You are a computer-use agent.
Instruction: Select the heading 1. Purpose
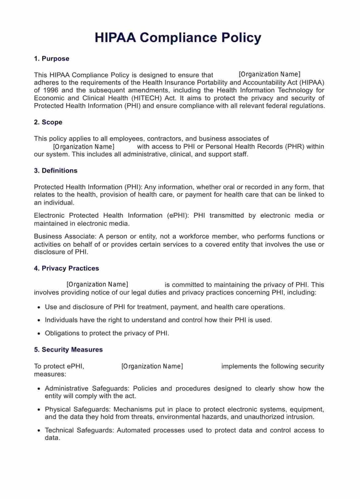(51, 59)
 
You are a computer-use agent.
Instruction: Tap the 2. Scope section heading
(48, 122)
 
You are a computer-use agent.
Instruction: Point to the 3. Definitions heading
(56, 171)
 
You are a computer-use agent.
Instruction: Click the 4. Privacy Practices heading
(66, 268)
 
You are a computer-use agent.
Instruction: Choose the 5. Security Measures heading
(68, 350)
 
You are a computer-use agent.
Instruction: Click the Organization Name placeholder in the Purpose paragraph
(269, 74)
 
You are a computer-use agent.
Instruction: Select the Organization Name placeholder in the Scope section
(84, 147)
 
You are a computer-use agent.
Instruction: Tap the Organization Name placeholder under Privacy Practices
(97, 285)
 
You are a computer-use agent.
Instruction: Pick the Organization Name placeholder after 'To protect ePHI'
(152, 366)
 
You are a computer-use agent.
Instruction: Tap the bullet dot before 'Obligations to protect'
(39, 334)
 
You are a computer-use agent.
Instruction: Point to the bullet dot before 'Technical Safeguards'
(39, 431)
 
